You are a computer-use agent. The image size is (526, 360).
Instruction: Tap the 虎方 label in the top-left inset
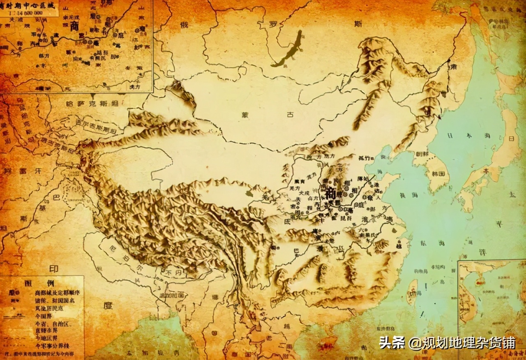coord(134,87)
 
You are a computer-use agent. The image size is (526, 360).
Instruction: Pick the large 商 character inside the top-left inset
coord(74,26)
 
